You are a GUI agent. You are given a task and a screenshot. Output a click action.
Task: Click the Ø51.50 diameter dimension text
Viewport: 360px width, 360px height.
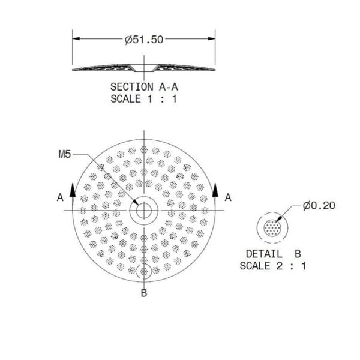tap(144, 40)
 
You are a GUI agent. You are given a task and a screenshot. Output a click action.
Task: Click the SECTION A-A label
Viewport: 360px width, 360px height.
tap(144, 86)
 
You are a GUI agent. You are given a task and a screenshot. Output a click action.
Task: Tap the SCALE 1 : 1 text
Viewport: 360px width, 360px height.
tap(144, 99)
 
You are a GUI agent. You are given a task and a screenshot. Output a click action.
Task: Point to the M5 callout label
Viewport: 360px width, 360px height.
tap(65, 155)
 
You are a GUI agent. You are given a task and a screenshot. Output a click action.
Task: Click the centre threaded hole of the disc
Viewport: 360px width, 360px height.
tap(143, 211)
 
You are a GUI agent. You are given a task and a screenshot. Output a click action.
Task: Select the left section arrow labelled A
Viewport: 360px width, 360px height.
tap(73, 191)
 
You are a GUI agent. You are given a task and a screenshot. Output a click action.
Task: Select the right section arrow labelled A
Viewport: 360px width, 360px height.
tap(215, 191)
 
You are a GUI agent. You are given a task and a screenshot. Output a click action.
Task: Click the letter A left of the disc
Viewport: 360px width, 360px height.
tap(60, 197)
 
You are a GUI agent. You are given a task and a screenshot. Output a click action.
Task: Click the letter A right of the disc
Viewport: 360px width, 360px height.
tap(228, 197)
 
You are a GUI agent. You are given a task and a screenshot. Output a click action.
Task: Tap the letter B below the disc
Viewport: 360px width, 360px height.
tap(143, 293)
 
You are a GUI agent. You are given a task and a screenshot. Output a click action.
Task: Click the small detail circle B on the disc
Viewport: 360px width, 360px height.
tap(143, 271)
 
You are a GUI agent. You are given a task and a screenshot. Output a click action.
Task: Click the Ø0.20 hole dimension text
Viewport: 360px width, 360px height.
tap(319, 206)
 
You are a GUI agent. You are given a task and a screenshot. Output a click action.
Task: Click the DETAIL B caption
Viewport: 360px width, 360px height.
tap(272, 253)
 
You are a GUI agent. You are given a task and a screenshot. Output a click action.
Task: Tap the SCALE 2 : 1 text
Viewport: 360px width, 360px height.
tap(272, 266)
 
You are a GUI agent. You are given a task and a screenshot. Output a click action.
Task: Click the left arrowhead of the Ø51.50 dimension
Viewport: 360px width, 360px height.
tap(76, 40)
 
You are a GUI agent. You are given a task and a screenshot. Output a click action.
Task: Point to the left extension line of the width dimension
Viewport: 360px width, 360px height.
tap(73, 51)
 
